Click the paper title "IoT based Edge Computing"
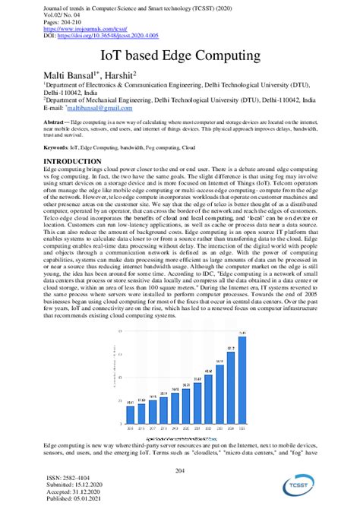click(179, 55)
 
